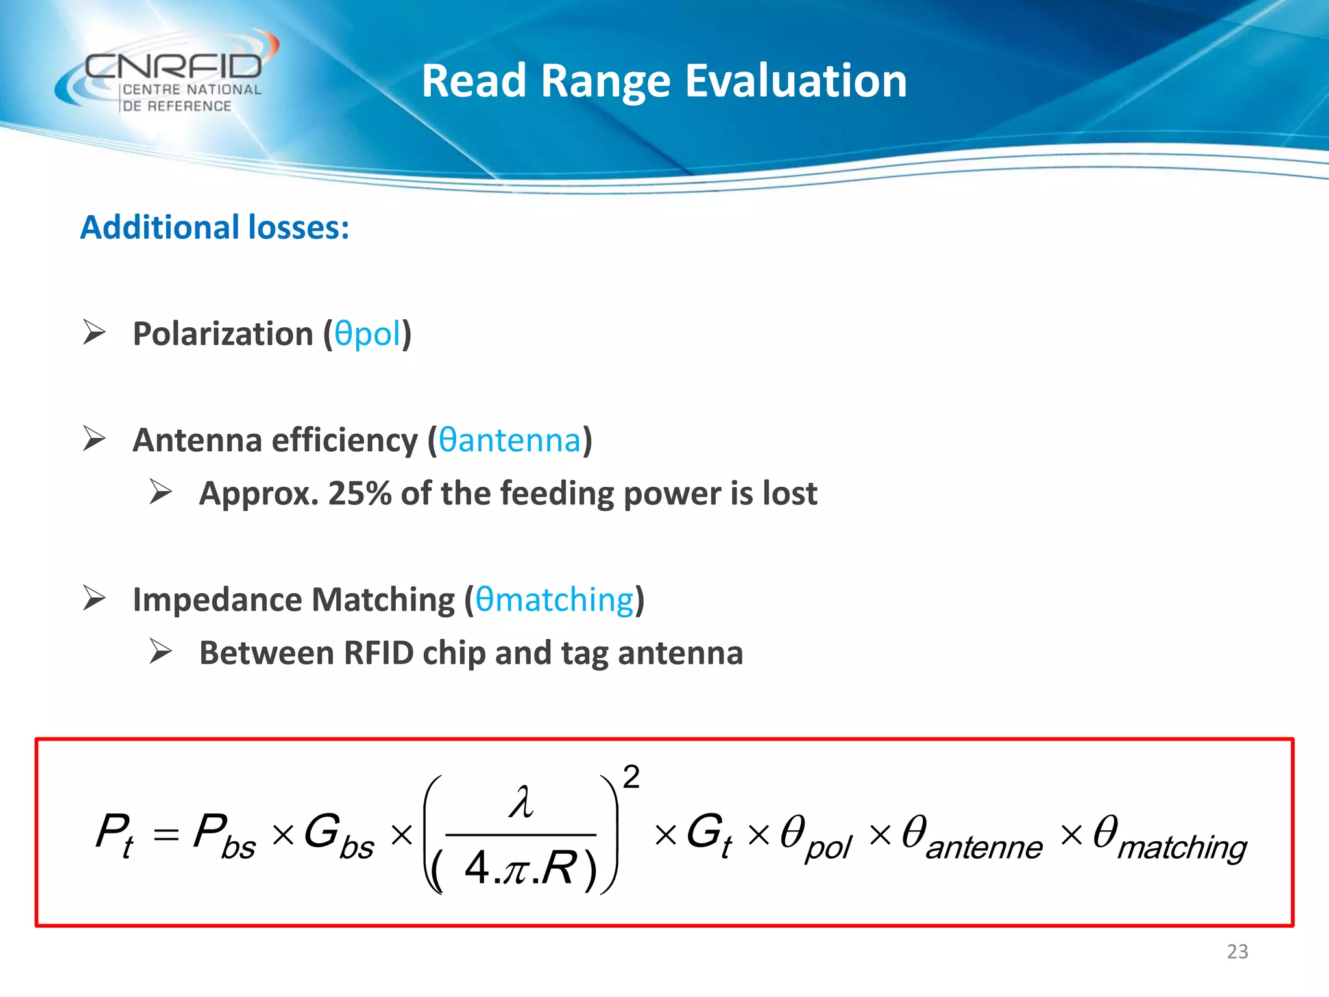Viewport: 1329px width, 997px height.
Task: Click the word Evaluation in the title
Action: (x=796, y=82)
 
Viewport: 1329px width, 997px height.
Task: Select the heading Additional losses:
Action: (x=215, y=228)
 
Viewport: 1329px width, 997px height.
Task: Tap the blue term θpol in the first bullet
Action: (x=368, y=334)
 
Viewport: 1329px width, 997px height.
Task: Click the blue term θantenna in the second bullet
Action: (x=509, y=441)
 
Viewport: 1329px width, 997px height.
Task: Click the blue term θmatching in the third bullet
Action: (x=554, y=600)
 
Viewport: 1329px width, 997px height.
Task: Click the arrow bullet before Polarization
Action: (x=94, y=332)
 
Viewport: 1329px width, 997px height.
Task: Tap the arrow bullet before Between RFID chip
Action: (x=160, y=652)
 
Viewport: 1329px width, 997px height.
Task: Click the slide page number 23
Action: (x=1237, y=952)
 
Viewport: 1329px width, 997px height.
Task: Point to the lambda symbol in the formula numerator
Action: (x=521, y=802)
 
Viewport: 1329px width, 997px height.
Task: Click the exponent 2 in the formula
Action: (x=631, y=778)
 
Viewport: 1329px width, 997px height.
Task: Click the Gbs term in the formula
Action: (x=337, y=836)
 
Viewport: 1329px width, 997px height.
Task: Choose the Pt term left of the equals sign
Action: (x=114, y=835)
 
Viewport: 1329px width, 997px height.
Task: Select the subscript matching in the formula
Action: (x=1181, y=848)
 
